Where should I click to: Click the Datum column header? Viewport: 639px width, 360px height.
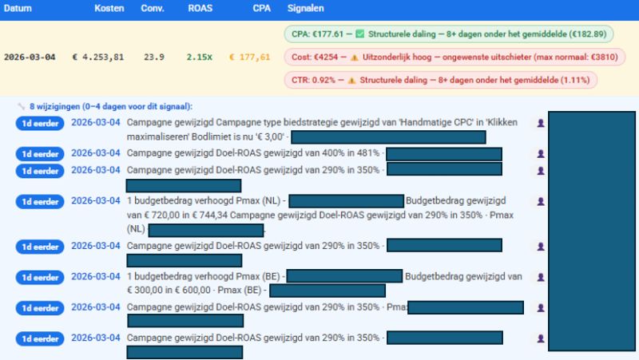pos(18,7)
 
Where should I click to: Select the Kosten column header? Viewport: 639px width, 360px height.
pos(109,7)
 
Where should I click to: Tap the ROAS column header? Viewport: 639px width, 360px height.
pos(200,7)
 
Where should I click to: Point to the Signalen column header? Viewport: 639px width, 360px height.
pos(306,7)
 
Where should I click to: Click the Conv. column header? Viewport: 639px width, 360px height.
pos(153,7)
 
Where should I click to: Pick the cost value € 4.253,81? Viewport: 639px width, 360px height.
pos(98,57)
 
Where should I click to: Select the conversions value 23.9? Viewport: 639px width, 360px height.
pos(154,57)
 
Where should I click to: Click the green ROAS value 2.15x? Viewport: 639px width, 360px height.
pos(199,57)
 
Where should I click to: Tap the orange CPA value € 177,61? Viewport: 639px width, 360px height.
pos(249,57)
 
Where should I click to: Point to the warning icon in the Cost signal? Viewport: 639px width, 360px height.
pos(354,57)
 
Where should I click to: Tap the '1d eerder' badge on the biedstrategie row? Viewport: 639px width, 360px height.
pos(39,123)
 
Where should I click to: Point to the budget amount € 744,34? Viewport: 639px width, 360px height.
pos(211,215)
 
